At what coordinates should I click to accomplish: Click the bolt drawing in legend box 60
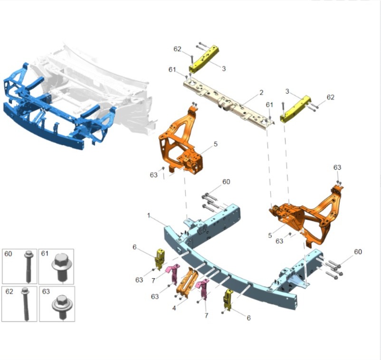click(x=29, y=266)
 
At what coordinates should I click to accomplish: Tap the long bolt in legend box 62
click(x=26, y=303)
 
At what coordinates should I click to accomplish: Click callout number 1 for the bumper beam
click(x=149, y=215)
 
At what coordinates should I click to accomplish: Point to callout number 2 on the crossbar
click(x=261, y=92)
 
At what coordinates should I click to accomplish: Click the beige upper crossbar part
click(x=229, y=104)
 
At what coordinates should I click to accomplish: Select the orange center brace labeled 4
click(x=187, y=282)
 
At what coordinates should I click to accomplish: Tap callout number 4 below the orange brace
click(x=174, y=308)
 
